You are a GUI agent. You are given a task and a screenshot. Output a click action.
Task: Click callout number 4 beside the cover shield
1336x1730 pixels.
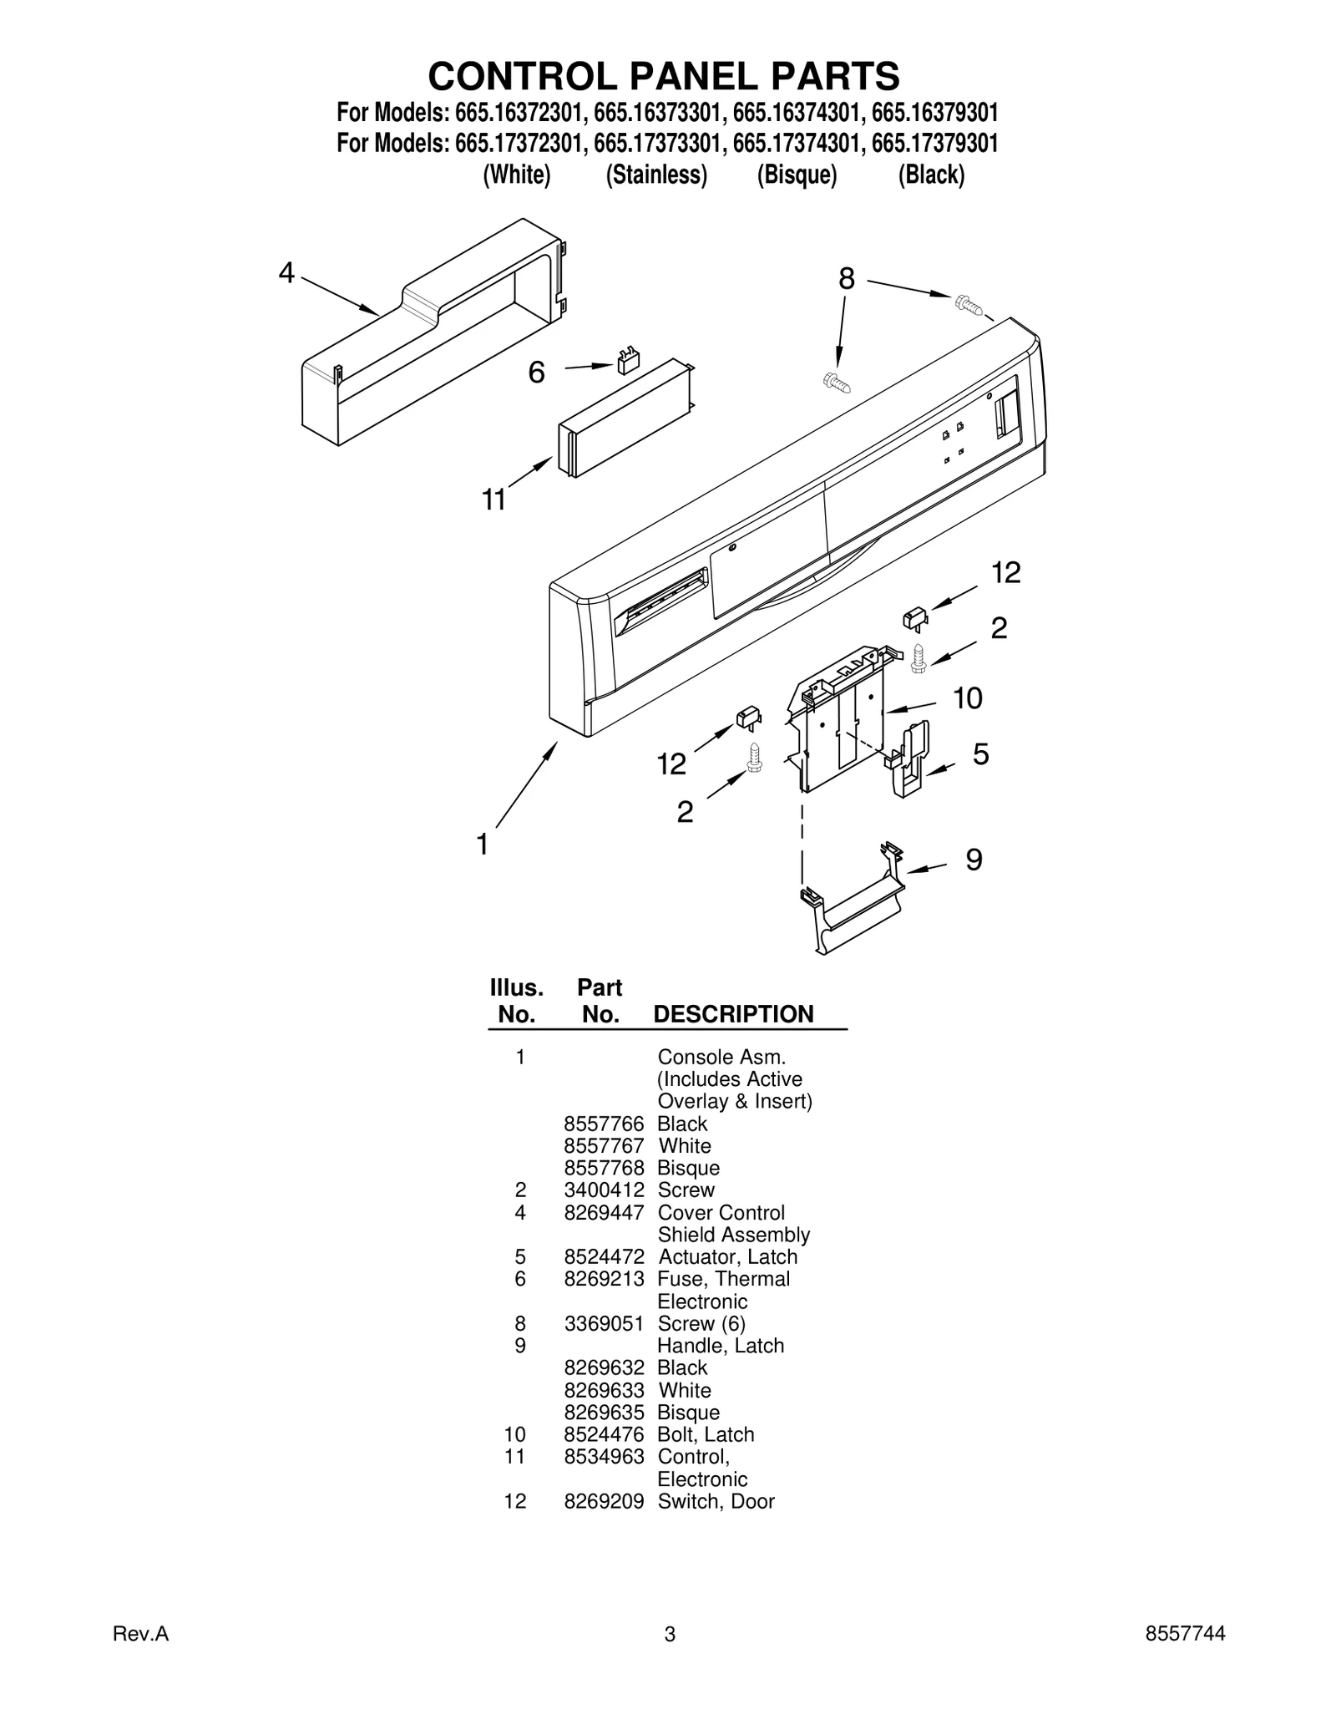click(286, 272)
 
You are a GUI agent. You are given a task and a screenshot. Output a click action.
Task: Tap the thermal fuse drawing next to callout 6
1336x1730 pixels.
click(626, 363)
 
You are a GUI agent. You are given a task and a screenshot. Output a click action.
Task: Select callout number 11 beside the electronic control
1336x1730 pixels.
click(493, 500)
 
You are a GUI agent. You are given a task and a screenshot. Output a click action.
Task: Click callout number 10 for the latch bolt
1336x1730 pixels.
click(967, 698)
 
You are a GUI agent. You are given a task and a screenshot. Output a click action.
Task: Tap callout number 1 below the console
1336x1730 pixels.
click(483, 845)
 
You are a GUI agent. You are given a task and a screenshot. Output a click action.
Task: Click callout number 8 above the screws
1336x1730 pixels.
click(847, 279)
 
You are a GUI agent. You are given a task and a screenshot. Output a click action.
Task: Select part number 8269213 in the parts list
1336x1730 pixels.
click(604, 1279)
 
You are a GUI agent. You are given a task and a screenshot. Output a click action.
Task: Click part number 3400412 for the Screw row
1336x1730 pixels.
click(604, 1190)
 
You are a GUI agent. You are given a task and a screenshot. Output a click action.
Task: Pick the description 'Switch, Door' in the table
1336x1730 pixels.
click(716, 1501)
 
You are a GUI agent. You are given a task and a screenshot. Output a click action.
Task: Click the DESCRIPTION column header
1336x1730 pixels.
click(733, 1014)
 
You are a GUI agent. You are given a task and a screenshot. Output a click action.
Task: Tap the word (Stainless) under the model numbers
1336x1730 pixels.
click(656, 175)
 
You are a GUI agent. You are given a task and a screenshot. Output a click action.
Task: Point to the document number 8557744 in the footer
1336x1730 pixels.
click(1185, 1657)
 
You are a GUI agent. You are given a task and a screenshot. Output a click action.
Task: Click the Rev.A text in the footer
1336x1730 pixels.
click(140, 1657)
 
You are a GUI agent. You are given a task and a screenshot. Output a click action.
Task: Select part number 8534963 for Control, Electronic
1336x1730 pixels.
click(604, 1457)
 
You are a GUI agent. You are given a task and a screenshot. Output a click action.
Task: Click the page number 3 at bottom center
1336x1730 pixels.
click(669, 1658)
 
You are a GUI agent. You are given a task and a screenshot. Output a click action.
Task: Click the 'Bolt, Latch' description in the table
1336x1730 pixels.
click(706, 1434)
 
